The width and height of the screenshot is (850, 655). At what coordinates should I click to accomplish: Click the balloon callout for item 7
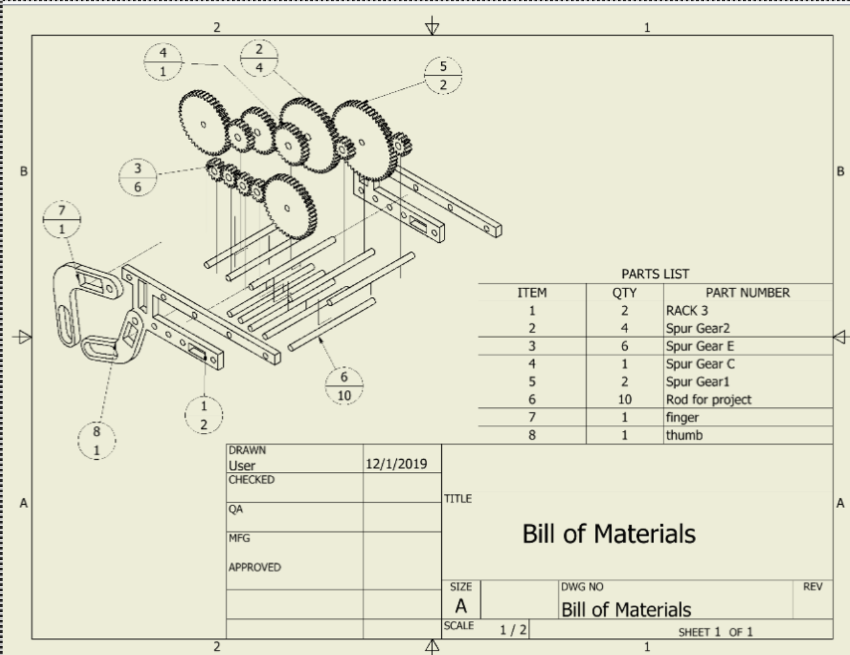point(62,219)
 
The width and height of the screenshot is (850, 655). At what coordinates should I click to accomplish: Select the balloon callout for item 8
point(96,440)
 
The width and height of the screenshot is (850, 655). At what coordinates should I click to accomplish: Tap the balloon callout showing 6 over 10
point(344,385)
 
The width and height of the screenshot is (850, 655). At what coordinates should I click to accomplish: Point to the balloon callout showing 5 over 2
point(443,75)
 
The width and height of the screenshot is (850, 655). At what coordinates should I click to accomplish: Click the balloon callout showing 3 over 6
point(138,177)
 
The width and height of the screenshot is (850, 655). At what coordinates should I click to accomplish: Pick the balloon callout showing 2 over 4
point(259,58)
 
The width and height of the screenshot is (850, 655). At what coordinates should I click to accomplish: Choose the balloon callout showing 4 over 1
point(163,62)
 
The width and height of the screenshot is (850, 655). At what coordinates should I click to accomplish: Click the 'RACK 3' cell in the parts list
point(687,311)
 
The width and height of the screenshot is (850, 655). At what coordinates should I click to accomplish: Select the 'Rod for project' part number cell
point(709,399)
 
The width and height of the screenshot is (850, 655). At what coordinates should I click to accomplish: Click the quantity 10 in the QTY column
point(624,399)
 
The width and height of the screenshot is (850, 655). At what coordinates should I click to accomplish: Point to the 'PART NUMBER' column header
point(747,293)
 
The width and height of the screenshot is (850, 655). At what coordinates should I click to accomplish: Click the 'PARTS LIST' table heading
point(655,274)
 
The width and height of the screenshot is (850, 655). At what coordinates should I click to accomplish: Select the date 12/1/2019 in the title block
point(396,464)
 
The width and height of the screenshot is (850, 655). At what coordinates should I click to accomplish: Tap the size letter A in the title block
point(461,606)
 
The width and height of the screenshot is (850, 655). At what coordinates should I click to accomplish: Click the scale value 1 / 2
point(513,630)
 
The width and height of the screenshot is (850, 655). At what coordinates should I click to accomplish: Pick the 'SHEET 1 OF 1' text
point(715,632)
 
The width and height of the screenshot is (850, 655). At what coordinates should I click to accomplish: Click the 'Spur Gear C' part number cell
point(700,364)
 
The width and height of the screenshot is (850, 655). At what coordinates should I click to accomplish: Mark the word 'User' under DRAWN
point(242,466)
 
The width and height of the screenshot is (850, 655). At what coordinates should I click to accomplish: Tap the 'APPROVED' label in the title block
point(255,567)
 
